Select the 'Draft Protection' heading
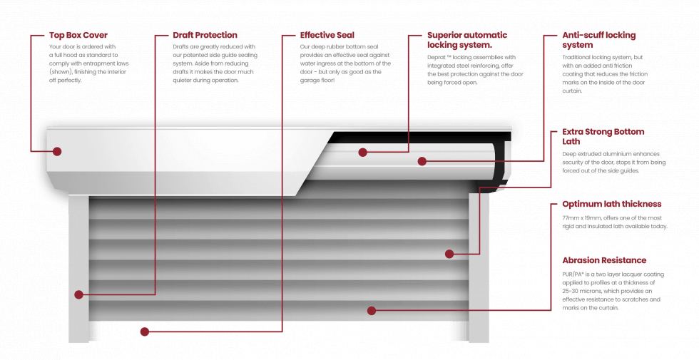(x=205, y=35)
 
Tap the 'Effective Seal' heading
(x=327, y=35)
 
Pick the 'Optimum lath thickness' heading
(x=611, y=204)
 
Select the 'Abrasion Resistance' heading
(x=603, y=261)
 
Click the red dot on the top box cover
(x=57, y=151)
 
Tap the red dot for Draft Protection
(x=78, y=294)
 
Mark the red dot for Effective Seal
(x=145, y=331)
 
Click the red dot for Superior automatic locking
(x=363, y=152)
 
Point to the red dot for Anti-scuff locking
(x=422, y=162)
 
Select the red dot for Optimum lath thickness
(x=449, y=253)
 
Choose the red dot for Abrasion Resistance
(x=371, y=309)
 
